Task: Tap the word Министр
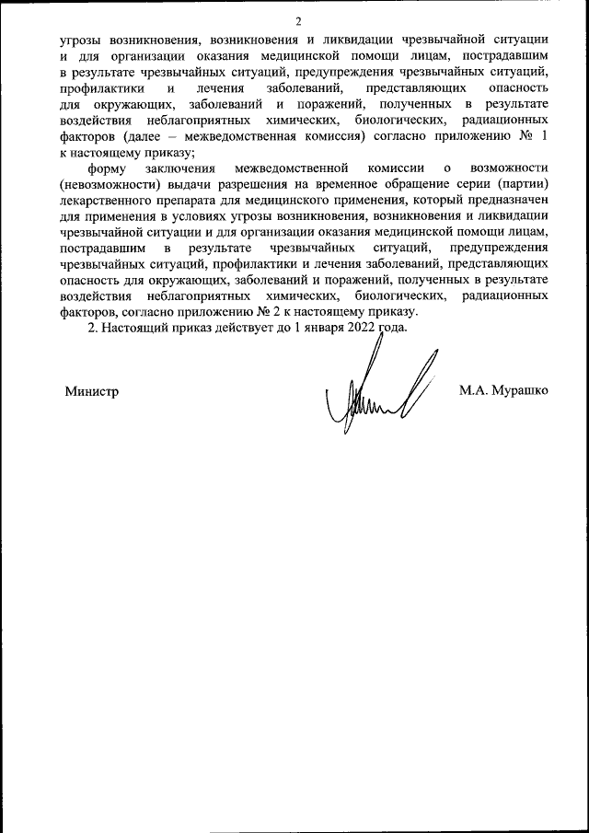click(92, 390)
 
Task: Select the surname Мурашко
click(519, 390)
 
